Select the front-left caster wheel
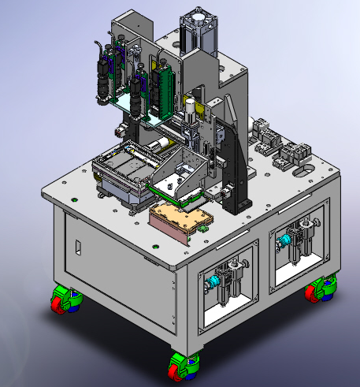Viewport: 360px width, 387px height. point(66,300)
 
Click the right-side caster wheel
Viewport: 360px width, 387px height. point(321,288)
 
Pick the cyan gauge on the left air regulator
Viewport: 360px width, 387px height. point(211,282)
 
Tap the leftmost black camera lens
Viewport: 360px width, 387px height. point(102,80)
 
